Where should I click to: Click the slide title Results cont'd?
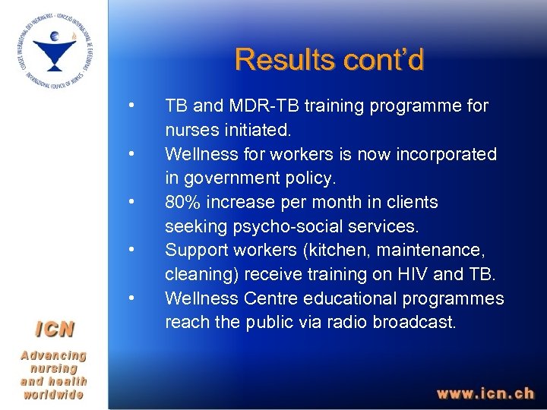coord(329,59)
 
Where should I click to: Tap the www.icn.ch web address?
coord(485,393)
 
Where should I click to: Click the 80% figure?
coord(183,203)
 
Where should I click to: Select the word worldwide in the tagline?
coord(53,395)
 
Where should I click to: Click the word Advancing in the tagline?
coord(53,355)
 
